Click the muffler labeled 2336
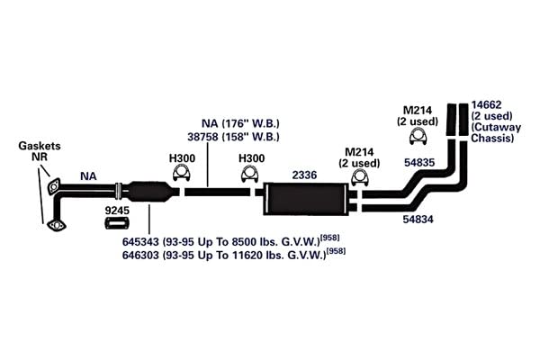306,200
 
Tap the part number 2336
304,175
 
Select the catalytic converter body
150,191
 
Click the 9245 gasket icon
117,223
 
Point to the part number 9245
117,210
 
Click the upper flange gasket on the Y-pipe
54,187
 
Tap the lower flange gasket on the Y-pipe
56,226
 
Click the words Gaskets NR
40,151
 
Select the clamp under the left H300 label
182,172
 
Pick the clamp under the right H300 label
250,174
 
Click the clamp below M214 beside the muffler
360,178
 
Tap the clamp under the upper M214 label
418,137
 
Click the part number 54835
419,163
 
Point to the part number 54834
418,219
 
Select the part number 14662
486,104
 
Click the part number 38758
202,137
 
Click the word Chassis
492,138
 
